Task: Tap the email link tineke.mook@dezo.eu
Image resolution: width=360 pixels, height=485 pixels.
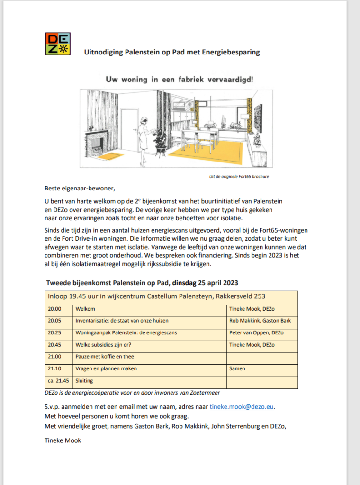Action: [242, 406]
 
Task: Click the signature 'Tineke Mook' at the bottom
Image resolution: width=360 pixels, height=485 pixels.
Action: [63, 440]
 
